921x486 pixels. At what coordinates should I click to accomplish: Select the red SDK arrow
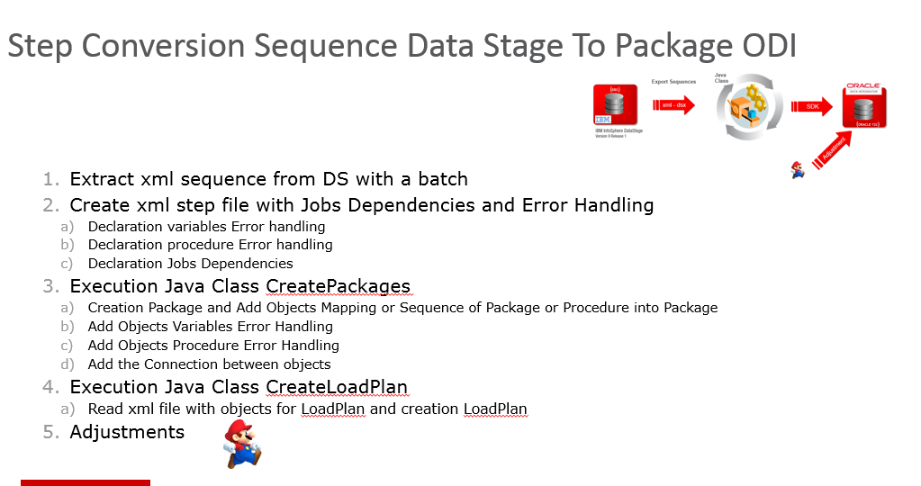pyautogui.click(x=813, y=107)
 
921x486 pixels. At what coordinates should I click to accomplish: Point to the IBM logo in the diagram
pyautogui.click(x=603, y=119)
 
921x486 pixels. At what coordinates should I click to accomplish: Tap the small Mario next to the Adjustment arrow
pyautogui.click(x=797, y=168)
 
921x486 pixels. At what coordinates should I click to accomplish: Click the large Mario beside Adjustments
pyautogui.click(x=241, y=444)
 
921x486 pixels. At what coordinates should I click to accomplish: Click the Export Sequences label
pyautogui.click(x=673, y=82)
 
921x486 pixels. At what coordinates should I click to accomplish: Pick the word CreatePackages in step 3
pyautogui.click(x=338, y=286)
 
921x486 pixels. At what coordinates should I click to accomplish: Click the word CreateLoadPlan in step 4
pyautogui.click(x=336, y=387)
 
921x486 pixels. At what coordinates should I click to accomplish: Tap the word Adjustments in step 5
pyautogui.click(x=127, y=432)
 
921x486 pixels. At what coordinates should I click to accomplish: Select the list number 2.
pyautogui.click(x=49, y=205)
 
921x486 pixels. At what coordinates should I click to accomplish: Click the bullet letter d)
pyautogui.click(x=67, y=364)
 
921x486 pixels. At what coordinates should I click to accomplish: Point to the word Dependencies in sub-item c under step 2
pyautogui.click(x=248, y=264)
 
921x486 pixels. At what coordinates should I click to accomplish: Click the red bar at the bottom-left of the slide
pyautogui.click(x=86, y=482)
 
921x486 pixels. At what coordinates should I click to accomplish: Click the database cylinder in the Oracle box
pyautogui.click(x=863, y=109)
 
